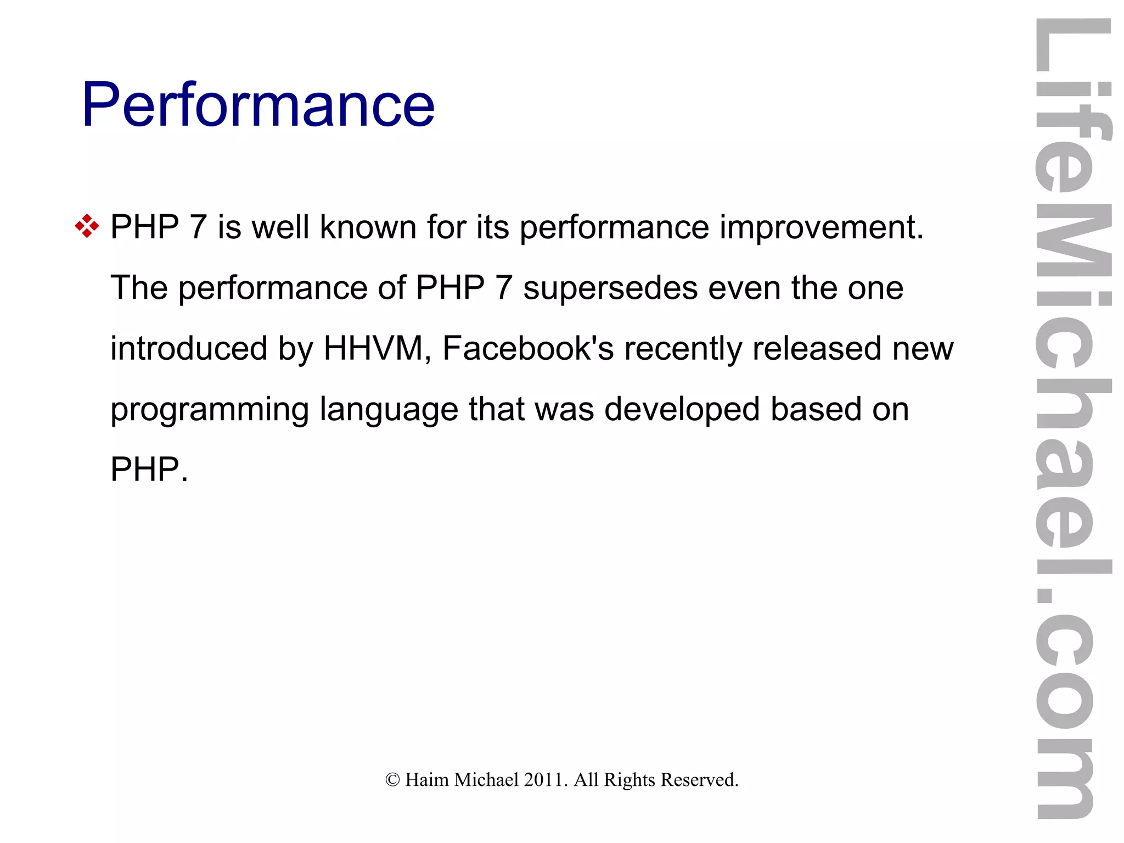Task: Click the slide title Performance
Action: (258, 104)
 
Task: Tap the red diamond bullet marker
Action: (87, 226)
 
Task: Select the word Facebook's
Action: (528, 348)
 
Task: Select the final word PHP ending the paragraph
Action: (145, 470)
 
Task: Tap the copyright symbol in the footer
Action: (392, 780)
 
